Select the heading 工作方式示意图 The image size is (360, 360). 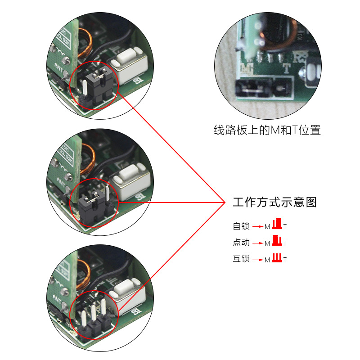pyautogui.click(x=274, y=202)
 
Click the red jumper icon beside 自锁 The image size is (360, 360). pyautogui.click(x=278, y=224)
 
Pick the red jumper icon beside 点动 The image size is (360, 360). pyautogui.click(x=277, y=241)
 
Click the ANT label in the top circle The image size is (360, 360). pyautogui.click(x=59, y=68)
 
